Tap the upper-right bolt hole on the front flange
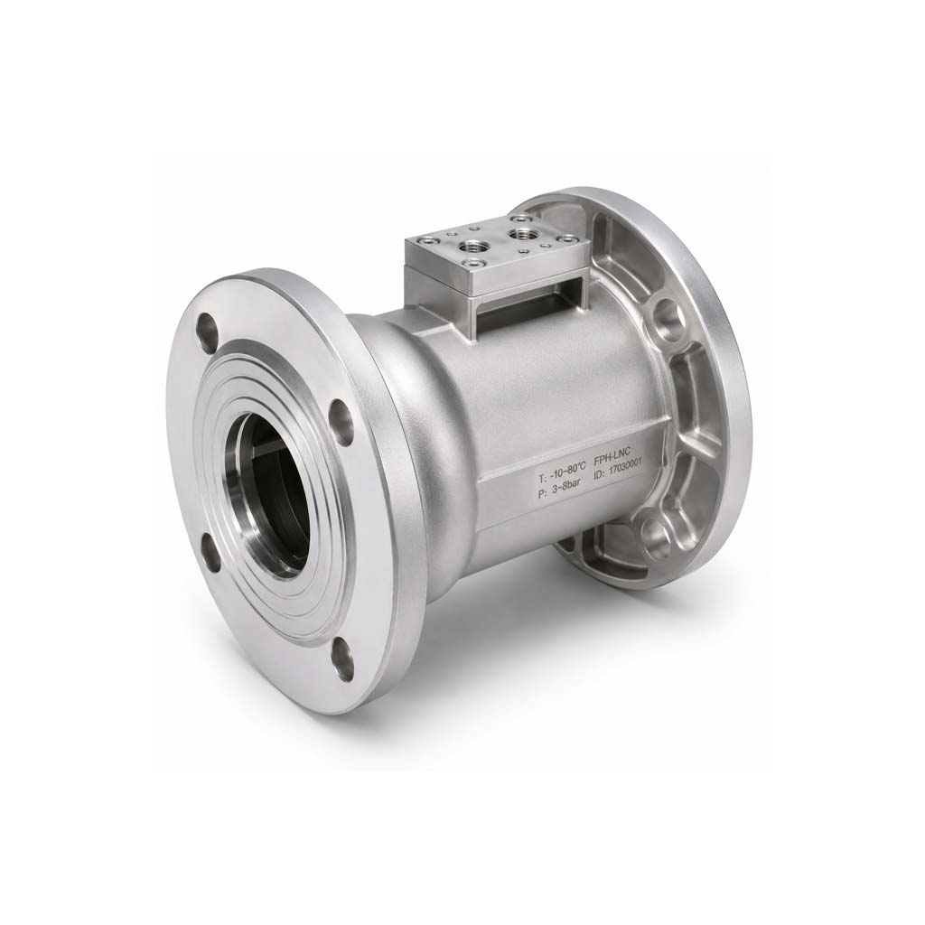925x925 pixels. click(x=341, y=421)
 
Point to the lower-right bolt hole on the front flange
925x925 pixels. click(x=343, y=662)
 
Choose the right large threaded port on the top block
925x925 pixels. click(x=520, y=233)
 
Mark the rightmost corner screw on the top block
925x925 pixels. click(x=567, y=239)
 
